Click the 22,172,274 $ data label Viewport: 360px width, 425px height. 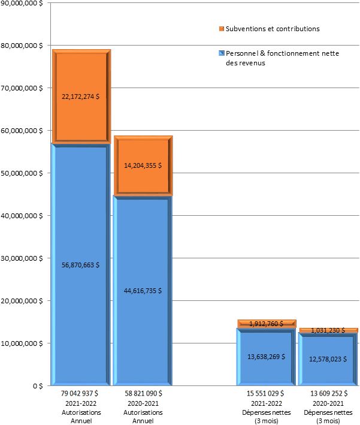coord(80,96)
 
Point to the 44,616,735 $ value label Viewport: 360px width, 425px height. coord(143,291)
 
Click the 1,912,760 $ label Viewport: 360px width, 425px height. coord(266,324)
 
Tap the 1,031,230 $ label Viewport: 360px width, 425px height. coord(328,330)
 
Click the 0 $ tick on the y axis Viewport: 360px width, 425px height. coord(37,386)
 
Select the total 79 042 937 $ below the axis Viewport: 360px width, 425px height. coord(80,393)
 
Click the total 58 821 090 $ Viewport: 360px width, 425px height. coord(143,393)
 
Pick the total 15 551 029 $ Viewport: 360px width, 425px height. coord(266,393)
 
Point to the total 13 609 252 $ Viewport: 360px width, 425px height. coord(328,393)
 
